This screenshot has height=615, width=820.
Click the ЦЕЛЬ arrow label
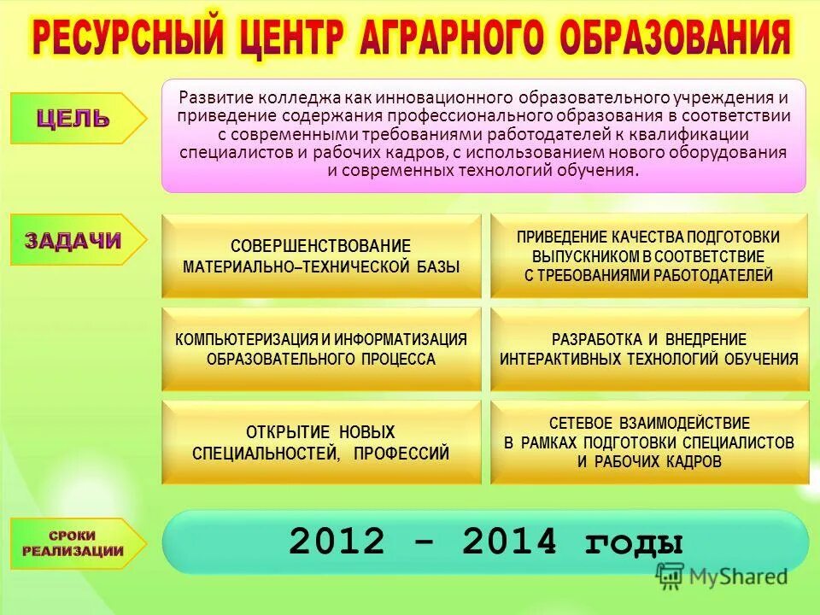click(73, 119)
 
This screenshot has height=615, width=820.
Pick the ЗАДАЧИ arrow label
click(73, 241)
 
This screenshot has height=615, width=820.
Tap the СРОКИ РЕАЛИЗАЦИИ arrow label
click(73, 543)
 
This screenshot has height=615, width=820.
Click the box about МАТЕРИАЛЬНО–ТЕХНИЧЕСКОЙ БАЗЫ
click(321, 256)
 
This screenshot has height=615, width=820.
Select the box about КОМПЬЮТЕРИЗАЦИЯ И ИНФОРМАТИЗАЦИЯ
click(321, 349)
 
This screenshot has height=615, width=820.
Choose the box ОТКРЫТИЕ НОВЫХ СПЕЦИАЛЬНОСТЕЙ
click(321, 442)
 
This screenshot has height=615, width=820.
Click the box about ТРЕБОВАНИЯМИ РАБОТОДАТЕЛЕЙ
click(648, 256)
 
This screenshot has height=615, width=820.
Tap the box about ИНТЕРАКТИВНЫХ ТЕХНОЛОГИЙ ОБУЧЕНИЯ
click(649, 349)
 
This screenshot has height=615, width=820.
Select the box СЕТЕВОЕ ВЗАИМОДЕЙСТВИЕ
click(649, 442)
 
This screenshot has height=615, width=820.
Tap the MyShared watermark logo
click(722, 577)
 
